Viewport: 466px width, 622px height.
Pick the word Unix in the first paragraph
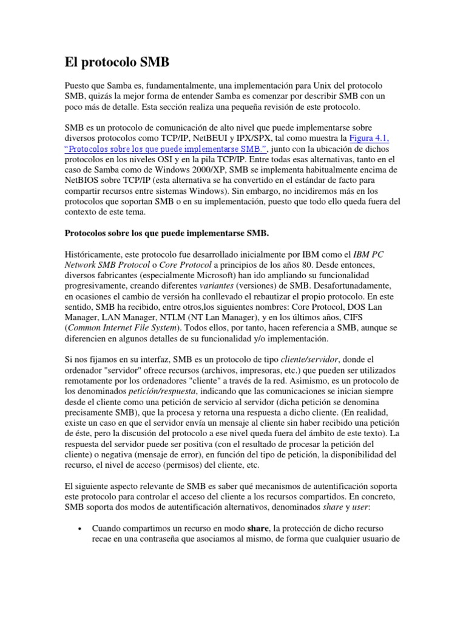[x=311, y=86]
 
